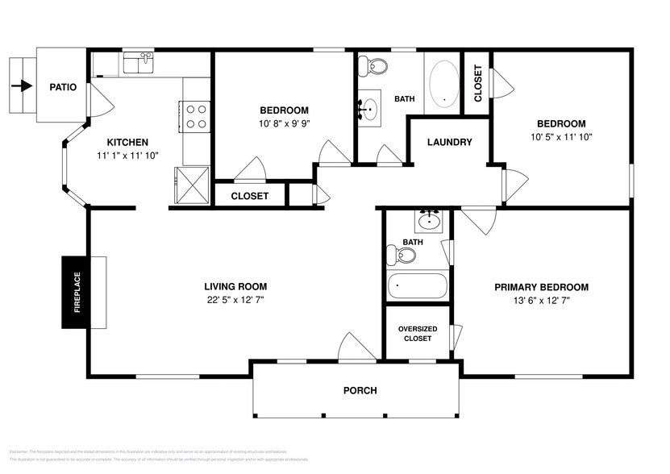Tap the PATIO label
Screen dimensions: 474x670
tap(63, 87)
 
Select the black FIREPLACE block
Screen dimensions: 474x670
tap(75, 293)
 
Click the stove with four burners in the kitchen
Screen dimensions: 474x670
tap(196, 115)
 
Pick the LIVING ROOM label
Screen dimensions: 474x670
tap(235, 286)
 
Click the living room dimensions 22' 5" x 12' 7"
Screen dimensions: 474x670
tap(235, 300)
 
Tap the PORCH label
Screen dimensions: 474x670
tap(360, 390)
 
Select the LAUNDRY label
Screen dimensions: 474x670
tap(449, 143)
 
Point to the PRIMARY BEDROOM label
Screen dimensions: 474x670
tap(541, 287)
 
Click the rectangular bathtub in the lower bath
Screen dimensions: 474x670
tap(417, 286)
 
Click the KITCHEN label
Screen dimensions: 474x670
tap(127, 142)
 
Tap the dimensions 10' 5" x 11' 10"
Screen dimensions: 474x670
tap(561, 137)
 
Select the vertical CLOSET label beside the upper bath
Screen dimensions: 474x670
tap(477, 82)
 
